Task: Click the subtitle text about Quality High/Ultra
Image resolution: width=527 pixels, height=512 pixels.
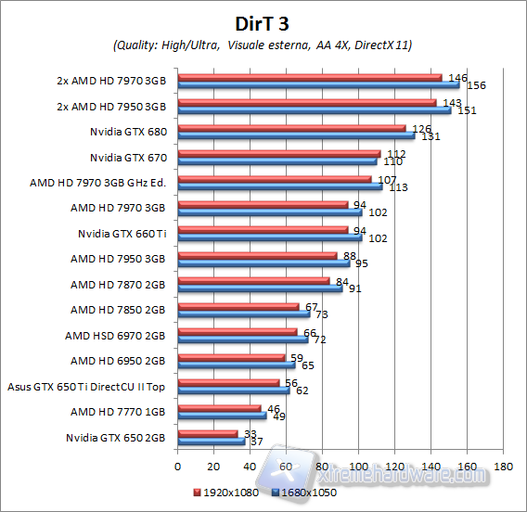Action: pos(263,45)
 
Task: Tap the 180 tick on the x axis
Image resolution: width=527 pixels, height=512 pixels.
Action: pos(504,466)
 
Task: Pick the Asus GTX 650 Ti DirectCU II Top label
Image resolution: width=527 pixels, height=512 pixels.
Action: pos(85,386)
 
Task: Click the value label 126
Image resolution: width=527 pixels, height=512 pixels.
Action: pos(420,129)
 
